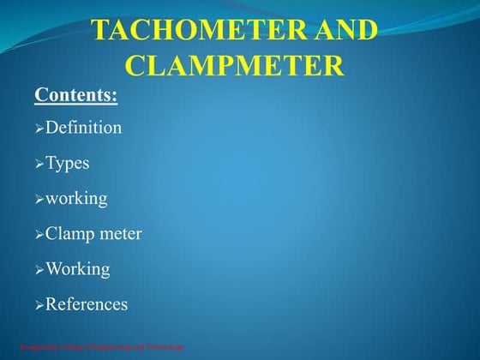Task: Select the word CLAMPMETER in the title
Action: pos(235,64)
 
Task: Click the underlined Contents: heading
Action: pos(75,94)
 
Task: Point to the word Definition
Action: pos(83,128)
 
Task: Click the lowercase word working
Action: pos(76,199)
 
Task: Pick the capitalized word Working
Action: pos(77,269)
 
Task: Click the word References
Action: pos(86,303)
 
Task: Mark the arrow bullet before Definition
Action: pos(39,129)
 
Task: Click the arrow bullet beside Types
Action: pos(39,164)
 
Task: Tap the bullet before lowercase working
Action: pos(39,200)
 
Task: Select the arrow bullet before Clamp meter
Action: pos(39,234)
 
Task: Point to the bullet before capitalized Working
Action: pos(39,270)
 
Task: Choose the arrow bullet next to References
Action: pos(39,305)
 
